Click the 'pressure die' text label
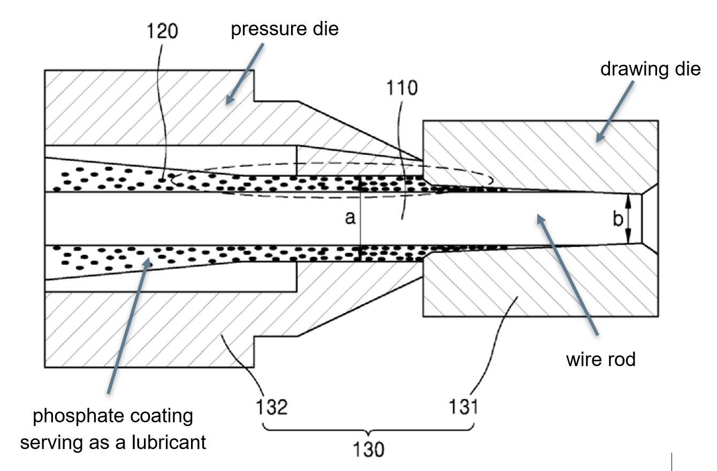284,28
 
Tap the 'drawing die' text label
650,69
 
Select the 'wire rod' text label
600,359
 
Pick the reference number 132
271,407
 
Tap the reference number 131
463,407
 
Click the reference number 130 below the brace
369,449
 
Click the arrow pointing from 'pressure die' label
245,73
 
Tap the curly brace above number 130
368,428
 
